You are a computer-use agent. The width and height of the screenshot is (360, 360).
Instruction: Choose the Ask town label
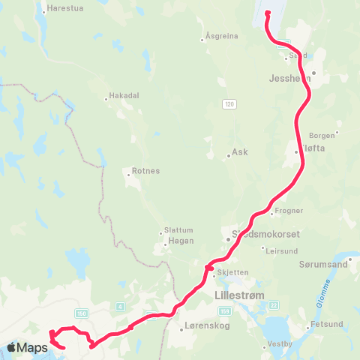(x=240, y=151)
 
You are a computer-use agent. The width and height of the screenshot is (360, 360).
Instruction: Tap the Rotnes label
(x=145, y=171)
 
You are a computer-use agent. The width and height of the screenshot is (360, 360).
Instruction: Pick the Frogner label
(x=289, y=211)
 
